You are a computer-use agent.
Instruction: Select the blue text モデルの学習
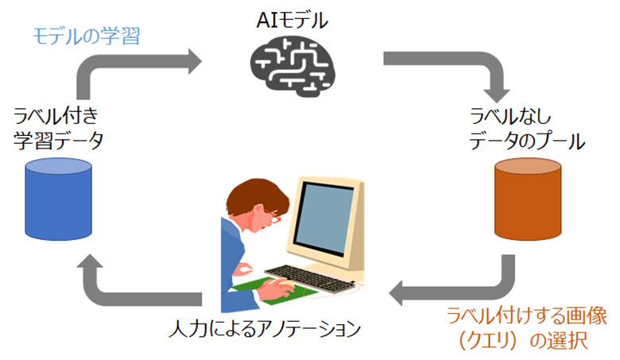[87, 35]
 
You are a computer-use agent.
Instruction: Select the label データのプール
[527, 142]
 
